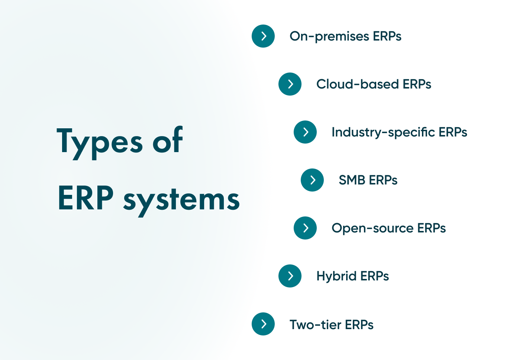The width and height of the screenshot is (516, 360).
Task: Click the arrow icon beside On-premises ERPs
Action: point(263,36)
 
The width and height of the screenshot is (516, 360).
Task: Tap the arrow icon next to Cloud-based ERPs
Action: point(290,84)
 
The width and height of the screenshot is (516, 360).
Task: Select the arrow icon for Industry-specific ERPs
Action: point(305,132)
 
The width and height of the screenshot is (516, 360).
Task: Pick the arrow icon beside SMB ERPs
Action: point(312,180)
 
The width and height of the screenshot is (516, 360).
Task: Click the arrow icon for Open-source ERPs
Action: point(305,228)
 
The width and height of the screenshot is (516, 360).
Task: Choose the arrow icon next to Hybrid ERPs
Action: point(290,276)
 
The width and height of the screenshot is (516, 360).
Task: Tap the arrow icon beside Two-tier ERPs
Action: point(263,324)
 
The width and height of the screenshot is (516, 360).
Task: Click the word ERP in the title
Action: point(86,198)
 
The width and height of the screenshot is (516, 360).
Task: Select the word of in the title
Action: point(168,141)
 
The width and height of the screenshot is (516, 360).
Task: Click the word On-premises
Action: point(329,36)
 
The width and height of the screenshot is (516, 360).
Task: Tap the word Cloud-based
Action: point(358,84)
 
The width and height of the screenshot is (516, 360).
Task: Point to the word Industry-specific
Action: point(383,132)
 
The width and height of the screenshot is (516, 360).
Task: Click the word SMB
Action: point(352,180)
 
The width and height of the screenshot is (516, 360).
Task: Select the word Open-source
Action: point(373,228)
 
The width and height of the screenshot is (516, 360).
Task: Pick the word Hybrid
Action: point(336,276)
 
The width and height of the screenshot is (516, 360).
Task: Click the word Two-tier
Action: point(315,325)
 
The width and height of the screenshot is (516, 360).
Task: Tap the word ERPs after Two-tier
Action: point(359,325)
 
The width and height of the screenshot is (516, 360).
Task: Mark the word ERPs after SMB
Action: point(383,180)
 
